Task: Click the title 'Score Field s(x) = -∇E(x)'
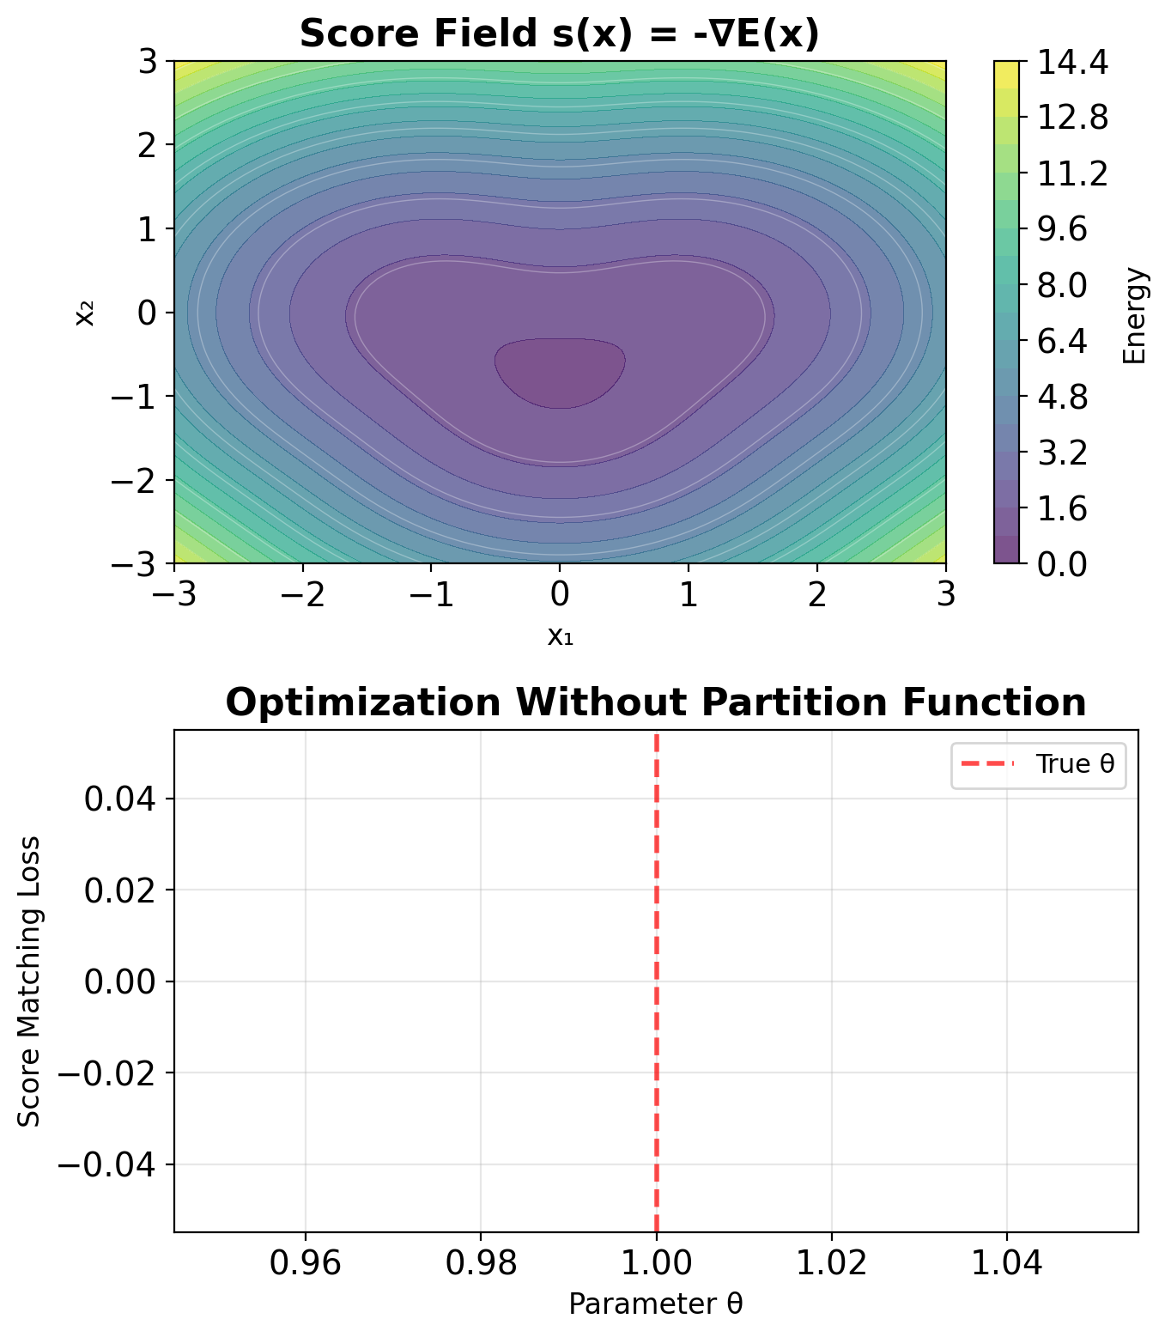[559, 34]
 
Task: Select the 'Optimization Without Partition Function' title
[655, 702]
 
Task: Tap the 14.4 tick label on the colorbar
[1073, 62]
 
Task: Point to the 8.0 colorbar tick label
[1062, 285]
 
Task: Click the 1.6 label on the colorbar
[1062, 508]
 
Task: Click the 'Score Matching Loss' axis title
[30, 981]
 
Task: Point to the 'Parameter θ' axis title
[655, 1304]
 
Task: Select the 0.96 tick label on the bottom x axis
[305, 1263]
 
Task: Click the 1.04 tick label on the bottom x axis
[1007, 1263]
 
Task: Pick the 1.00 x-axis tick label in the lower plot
[656, 1263]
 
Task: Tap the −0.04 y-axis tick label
[106, 1165]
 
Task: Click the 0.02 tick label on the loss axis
[119, 890]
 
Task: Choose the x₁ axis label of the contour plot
[560, 635]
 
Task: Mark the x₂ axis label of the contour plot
[84, 313]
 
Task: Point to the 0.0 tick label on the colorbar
[1062, 564]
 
